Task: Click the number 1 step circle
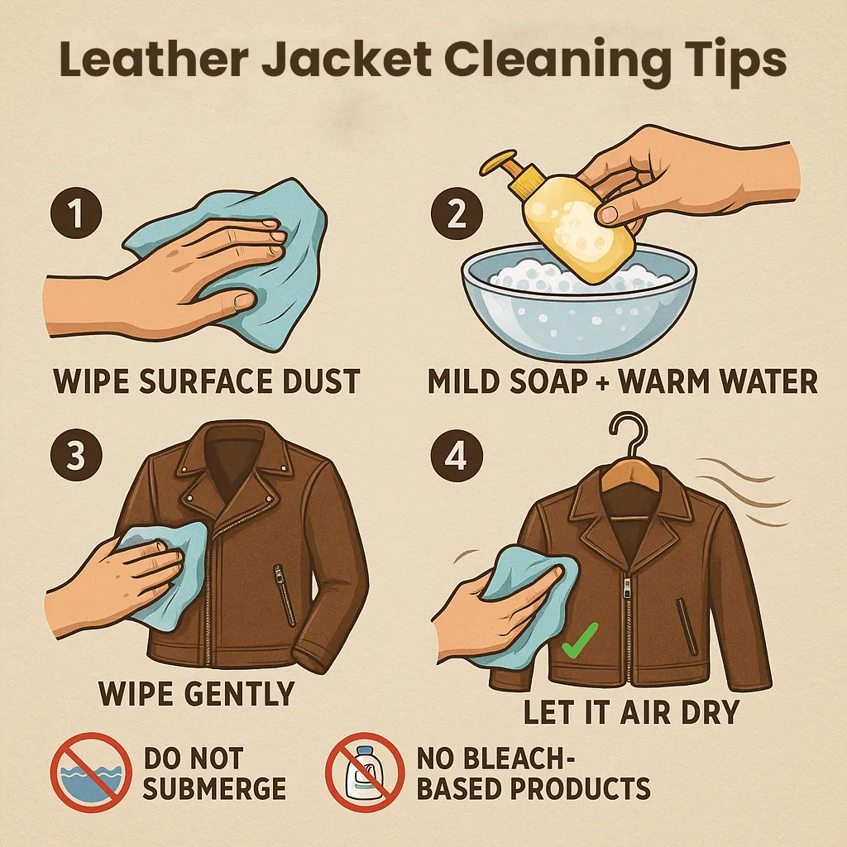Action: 76,213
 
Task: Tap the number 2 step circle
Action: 457,213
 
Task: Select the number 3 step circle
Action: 76,456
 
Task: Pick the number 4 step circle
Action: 457,456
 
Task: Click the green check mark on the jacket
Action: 580,641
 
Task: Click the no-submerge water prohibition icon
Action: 91,773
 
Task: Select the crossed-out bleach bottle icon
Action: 365,773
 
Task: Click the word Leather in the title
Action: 153,59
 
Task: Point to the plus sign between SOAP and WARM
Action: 603,383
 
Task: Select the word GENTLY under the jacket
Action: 239,694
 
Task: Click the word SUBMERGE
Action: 214,788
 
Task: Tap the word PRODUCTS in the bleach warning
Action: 581,788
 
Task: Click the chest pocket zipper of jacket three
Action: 285,595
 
